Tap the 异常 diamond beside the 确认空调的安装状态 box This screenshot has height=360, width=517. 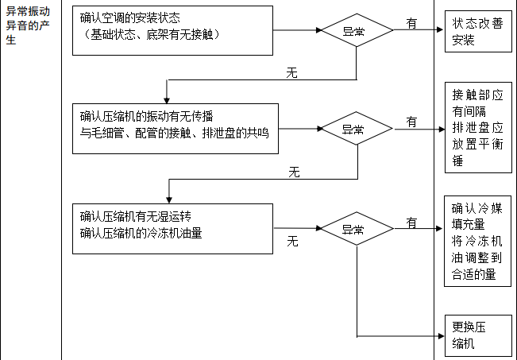tap(356, 29)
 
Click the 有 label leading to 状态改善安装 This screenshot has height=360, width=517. tap(412, 24)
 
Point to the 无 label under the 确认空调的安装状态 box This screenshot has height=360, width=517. tap(291, 72)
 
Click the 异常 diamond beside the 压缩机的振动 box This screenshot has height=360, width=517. tap(356, 128)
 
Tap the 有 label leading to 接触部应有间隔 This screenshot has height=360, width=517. tap(412, 122)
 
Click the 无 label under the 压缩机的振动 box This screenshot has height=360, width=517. tap(294, 171)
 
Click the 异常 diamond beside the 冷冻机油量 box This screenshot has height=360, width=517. tap(356, 229)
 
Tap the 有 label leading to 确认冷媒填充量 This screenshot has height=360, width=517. tap(412, 223)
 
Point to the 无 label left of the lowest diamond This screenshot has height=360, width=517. tap(292, 241)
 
